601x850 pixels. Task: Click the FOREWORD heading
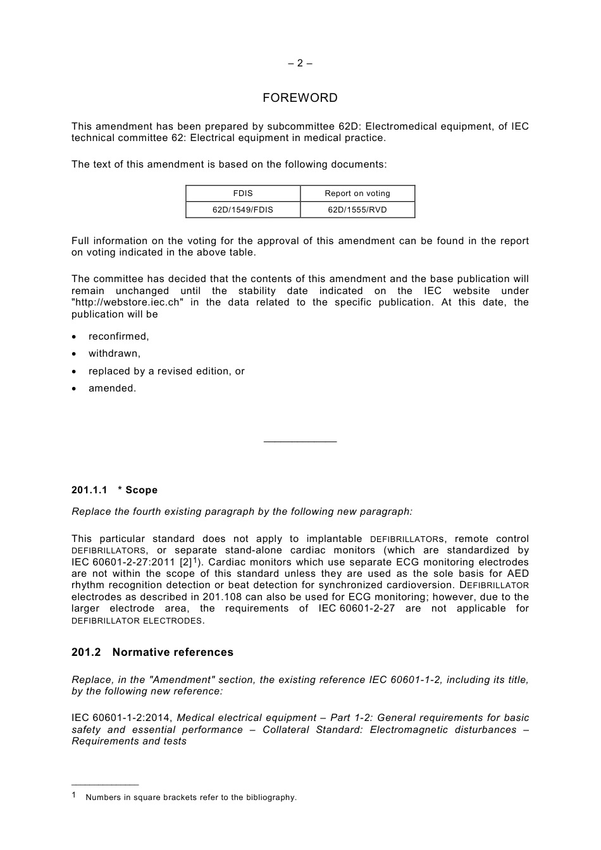coord(300,98)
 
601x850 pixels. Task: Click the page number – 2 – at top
coord(300,63)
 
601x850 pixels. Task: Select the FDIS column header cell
coord(243,194)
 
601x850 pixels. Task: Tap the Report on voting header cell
coord(357,194)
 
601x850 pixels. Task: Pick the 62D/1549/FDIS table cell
coord(243,210)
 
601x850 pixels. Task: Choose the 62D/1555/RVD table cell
coord(357,210)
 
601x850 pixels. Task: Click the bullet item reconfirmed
coord(118,336)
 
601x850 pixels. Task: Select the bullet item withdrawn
coord(114,354)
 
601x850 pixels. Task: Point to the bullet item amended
coord(112,388)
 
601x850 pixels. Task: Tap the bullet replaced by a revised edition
coord(166,371)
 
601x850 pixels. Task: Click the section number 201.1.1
coord(89,490)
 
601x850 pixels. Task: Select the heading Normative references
coord(173,652)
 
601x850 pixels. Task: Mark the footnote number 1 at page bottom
coord(74,796)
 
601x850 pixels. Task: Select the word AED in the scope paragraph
coord(518,574)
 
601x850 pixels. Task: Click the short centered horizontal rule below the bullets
coord(300,441)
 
